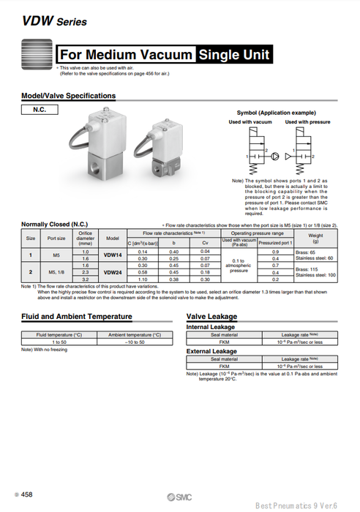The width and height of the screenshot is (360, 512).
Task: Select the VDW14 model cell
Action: pyautogui.click(x=112, y=255)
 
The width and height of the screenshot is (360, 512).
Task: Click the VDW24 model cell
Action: pyautogui.click(x=112, y=272)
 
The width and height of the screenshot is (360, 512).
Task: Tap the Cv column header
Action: pyautogui.click(x=205, y=242)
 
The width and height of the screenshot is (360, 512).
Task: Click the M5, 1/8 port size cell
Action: pyautogui.click(x=56, y=272)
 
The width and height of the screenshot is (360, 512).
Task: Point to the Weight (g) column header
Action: pyautogui.click(x=315, y=238)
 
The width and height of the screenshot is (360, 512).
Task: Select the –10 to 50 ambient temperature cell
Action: pyautogui.click(x=135, y=342)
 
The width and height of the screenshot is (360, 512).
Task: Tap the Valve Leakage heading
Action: pyautogui.click(x=211, y=316)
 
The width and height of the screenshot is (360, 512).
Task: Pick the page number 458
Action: pyautogui.click(x=26, y=495)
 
